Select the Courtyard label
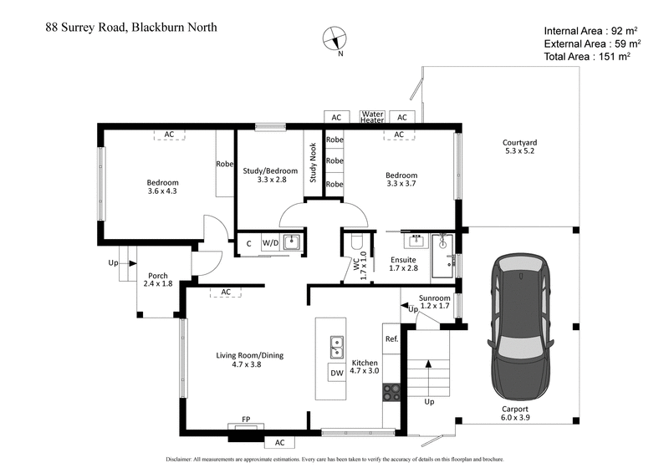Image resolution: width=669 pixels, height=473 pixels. [x=519, y=147]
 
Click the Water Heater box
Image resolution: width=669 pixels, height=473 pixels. [x=372, y=118]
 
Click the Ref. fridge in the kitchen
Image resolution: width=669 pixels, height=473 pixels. [x=391, y=339]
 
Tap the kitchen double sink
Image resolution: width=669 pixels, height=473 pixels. [x=337, y=343]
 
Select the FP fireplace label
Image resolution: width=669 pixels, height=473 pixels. [x=247, y=420]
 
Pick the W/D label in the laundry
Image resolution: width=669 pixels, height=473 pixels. [x=270, y=243]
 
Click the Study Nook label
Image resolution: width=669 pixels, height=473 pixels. [x=313, y=163]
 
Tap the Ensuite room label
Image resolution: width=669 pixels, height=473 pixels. [x=403, y=264]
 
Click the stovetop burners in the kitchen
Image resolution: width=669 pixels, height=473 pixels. [x=391, y=390]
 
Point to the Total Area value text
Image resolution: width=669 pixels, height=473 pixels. [x=585, y=57]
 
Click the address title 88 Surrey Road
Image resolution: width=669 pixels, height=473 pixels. [x=131, y=27]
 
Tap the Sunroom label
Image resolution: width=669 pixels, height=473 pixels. [x=435, y=302]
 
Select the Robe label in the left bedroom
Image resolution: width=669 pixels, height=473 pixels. [x=223, y=165]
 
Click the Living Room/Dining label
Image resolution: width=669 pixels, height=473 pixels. [x=249, y=359]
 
